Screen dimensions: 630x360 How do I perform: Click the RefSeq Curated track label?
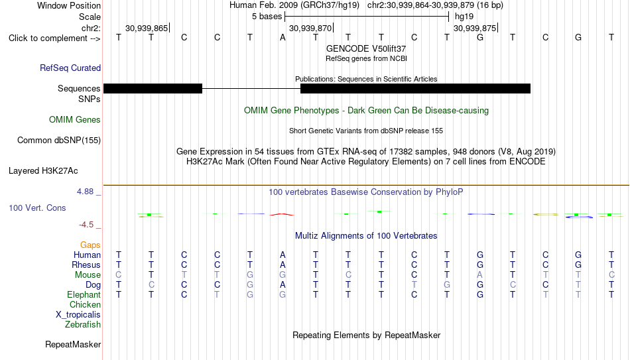tap(70, 68)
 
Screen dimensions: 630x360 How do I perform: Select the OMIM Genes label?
tap(75, 120)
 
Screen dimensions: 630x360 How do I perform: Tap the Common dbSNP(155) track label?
tap(59, 141)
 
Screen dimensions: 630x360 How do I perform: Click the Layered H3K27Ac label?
tap(43, 171)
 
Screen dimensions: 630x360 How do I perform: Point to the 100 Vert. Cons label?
tap(37, 208)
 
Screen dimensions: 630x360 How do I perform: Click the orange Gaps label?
tap(90, 245)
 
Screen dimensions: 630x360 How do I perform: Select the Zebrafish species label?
tap(83, 325)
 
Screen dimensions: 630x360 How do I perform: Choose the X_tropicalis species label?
tap(78, 315)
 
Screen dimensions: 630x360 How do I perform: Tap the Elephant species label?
tap(84, 295)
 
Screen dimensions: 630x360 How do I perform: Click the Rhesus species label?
tap(86, 265)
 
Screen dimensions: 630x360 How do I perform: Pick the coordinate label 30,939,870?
tap(310, 28)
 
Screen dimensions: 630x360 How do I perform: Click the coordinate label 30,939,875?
tap(475, 28)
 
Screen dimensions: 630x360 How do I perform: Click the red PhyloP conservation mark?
tap(282, 214)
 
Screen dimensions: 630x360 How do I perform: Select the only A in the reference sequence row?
tap(283, 37)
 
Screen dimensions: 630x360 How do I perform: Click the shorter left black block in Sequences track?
tap(153, 88)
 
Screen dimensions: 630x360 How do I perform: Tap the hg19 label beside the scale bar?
tap(464, 17)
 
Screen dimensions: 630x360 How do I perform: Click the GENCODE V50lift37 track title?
tap(366, 48)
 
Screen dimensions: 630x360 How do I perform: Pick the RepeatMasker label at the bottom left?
tap(73, 344)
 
